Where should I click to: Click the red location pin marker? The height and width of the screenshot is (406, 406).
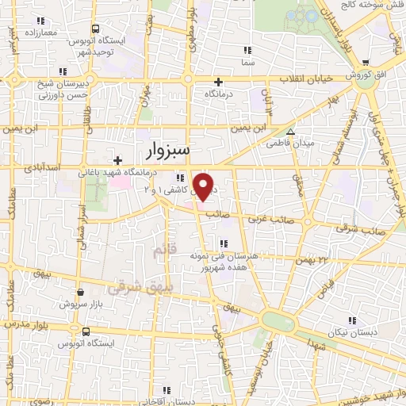click(x=204, y=186)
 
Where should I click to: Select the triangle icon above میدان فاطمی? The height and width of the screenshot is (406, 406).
click(x=291, y=132)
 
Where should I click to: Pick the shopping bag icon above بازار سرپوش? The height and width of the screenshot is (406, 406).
click(x=80, y=291)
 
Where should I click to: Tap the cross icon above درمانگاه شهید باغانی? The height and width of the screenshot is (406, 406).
click(x=117, y=160)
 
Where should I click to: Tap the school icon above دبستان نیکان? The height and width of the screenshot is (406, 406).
click(x=351, y=320)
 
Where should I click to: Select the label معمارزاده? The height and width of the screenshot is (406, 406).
click(x=39, y=33)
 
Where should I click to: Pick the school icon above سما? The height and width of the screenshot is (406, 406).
click(x=249, y=50)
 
